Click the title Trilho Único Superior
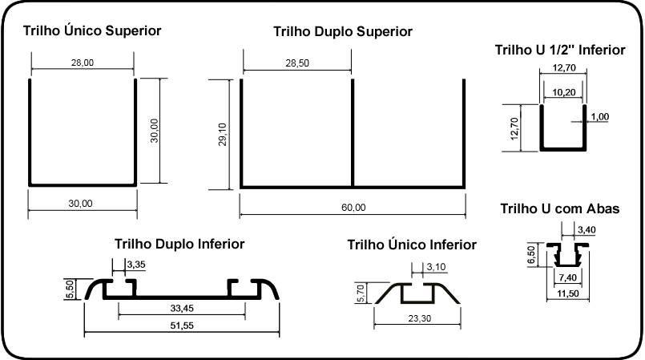[x=92, y=30]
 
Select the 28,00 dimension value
[x=83, y=63]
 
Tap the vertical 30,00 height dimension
[x=155, y=131]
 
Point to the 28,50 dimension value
[x=297, y=63]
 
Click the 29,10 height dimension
[x=222, y=135]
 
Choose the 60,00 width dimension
[x=353, y=208]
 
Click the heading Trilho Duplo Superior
[x=343, y=32]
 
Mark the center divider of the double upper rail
[x=353, y=133]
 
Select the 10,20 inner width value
[x=563, y=92]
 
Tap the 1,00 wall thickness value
[x=600, y=117]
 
